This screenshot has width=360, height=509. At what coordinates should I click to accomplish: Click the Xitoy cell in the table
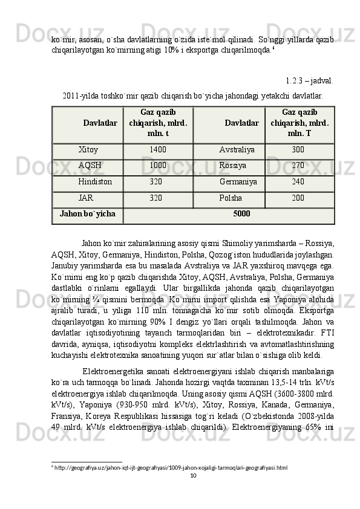[x=88, y=149]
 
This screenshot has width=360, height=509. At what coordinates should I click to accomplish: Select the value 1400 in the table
[x=158, y=149]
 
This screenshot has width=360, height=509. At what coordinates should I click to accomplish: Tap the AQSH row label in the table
[x=90, y=164]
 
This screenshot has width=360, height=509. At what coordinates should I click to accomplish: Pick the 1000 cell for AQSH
[x=158, y=164]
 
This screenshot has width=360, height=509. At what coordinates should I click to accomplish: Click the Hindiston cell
[x=95, y=181]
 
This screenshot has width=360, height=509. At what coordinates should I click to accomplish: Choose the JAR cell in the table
[x=85, y=197]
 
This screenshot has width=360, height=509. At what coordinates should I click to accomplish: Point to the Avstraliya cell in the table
[x=237, y=149]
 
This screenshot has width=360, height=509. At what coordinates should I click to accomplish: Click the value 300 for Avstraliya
[x=298, y=149]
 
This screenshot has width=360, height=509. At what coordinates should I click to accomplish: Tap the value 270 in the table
[x=298, y=164]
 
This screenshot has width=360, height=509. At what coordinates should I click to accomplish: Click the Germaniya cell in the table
[x=238, y=181]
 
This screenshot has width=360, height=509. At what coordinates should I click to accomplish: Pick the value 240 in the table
[x=298, y=181]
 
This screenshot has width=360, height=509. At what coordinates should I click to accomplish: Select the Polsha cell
[x=231, y=197]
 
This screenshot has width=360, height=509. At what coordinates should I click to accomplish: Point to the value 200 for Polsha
[x=298, y=197]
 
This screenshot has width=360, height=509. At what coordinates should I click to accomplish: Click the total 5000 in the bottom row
[x=241, y=213]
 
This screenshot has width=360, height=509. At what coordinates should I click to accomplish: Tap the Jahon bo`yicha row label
[x=88, y=213]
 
